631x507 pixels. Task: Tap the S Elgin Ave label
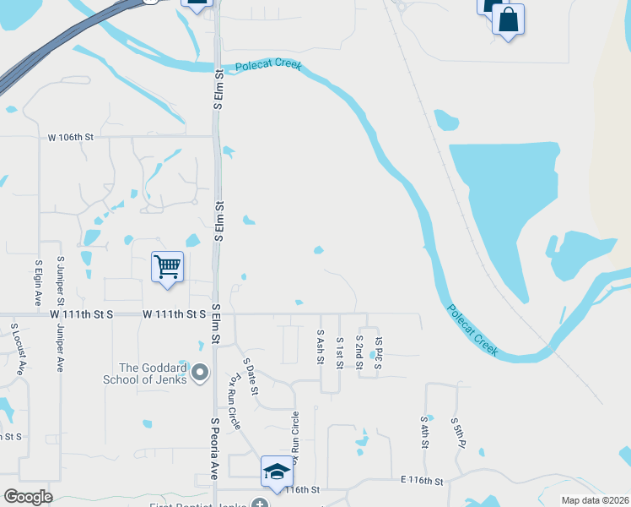click(38, 283)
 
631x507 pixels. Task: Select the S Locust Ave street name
click(16, 346)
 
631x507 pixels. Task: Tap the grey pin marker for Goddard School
click(201, 372)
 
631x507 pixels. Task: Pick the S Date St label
click(251, 377)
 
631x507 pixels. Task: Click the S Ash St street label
click(321, 346)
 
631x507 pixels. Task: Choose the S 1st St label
click(339, 349)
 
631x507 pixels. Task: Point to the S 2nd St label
click(359, 349)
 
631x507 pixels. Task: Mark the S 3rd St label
click(378, 347)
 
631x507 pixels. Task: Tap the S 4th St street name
click(424, 431)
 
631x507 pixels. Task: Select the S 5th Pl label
click(455, 432)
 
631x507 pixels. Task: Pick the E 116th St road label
click(421, 482)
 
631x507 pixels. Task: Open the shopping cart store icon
click(167, 267)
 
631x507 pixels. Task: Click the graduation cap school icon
click(276, 472)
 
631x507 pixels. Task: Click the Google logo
click(28, 496)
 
